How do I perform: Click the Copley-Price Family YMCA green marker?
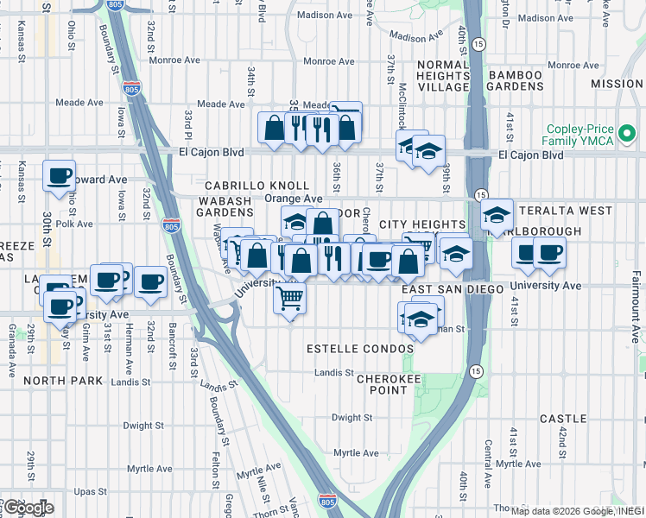[628, 134]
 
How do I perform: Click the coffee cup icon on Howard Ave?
[60, 176]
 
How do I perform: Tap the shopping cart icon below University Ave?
[290, 299]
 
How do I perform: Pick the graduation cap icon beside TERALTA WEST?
[497, 215]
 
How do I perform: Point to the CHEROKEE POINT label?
[382, 384]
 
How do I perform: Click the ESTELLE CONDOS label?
[349, 349]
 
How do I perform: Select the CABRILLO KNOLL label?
[256, 186]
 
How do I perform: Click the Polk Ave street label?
[80, 223]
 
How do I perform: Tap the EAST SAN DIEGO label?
[452, 289]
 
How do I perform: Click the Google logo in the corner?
[28, 508]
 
